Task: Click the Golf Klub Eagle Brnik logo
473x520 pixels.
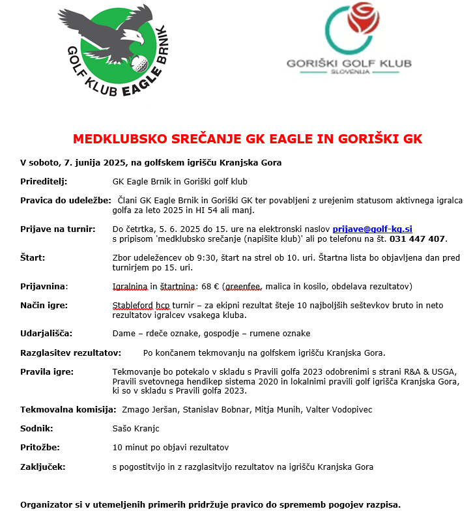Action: [117, 52]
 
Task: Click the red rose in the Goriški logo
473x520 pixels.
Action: [359, 20]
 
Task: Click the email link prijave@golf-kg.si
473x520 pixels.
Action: [372, 229]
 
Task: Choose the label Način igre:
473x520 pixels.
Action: [44, 305]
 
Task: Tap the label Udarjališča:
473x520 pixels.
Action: [46, 333]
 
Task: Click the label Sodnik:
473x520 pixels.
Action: [36, 428]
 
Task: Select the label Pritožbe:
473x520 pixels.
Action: [39, 447]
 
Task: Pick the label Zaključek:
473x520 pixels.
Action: [43, 467]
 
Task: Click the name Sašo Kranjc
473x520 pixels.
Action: [136, 428]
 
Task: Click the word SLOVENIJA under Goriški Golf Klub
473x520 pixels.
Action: [349, 74]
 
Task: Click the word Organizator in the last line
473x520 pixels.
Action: [48, 504]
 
